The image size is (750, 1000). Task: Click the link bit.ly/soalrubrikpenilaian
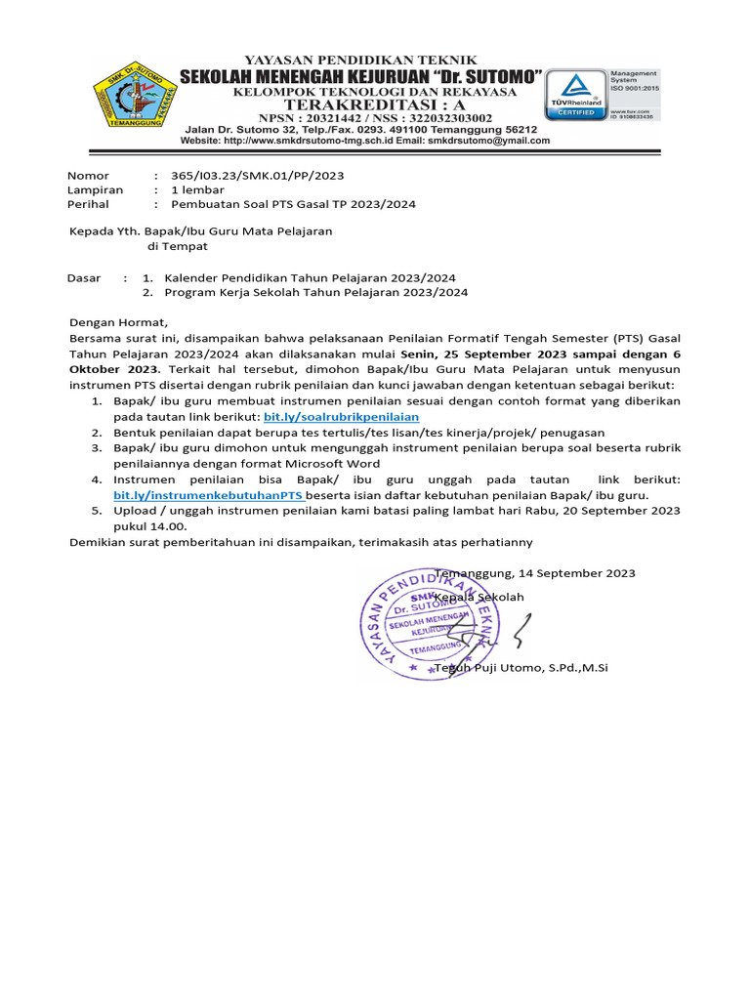click(342, 416)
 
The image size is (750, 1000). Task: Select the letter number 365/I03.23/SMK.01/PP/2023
click(258, 175)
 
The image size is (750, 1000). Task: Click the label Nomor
click(89, 175)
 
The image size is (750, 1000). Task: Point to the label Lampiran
click(95, 189)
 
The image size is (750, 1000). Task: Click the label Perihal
click(88, 204)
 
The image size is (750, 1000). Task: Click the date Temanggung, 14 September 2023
click(535, 573)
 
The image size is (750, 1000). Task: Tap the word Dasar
click(84, 277)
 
